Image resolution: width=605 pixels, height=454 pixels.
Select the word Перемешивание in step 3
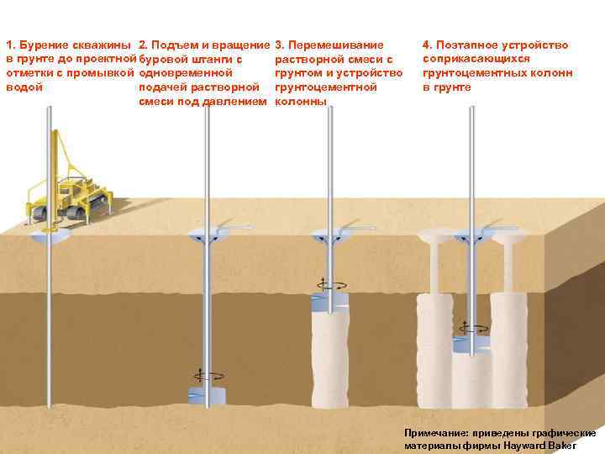coord(336,45)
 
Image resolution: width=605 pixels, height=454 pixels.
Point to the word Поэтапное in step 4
coord(467,45)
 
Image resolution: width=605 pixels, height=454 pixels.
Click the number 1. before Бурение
coord(9,45)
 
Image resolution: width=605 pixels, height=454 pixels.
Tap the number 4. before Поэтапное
coord(427,45)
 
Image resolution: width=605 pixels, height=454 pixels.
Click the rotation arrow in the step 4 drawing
coord(472,328)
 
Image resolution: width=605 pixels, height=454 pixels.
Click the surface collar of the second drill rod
coord(207,231)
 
